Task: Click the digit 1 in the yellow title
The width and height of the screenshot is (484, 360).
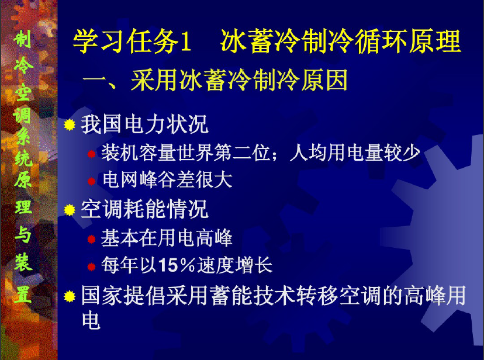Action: click(x=185, y=41)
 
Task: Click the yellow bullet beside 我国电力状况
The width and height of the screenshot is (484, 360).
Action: click(x=70, y=124)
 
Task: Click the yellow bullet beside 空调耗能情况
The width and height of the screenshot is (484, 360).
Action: click(x=70, y=210)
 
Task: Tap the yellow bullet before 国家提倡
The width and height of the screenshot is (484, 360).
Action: click(x=70, y=296)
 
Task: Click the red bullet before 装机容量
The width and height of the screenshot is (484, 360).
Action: click(x=91, y=154)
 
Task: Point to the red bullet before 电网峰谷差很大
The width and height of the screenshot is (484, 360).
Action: click(x=91, y=181)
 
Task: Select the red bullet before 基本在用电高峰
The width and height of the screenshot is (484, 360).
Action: click(x=91, y=239)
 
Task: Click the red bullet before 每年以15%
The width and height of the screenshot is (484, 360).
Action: click(x=91, y=266)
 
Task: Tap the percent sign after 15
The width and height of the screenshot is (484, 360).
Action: click(x=188, y=265)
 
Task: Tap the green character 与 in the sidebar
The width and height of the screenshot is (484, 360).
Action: click(x=23, y=234)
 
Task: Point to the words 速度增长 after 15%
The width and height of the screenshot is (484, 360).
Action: click(x=234, y=265)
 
